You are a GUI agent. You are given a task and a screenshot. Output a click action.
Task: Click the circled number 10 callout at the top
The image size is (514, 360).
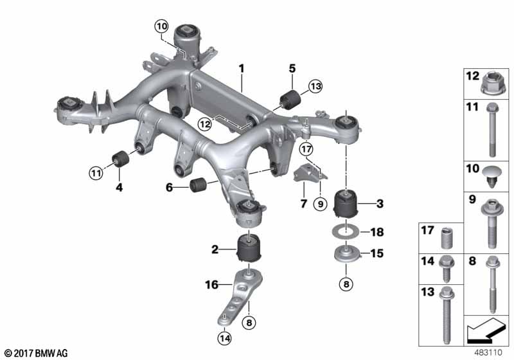click(161, 26)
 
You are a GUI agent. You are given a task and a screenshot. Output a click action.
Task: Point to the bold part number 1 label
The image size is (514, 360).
click(242, 67)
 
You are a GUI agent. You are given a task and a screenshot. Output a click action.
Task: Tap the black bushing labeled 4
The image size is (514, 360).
click(118, 158)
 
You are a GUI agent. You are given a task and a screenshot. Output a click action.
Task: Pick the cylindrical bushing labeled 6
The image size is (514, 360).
click(199, 186)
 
